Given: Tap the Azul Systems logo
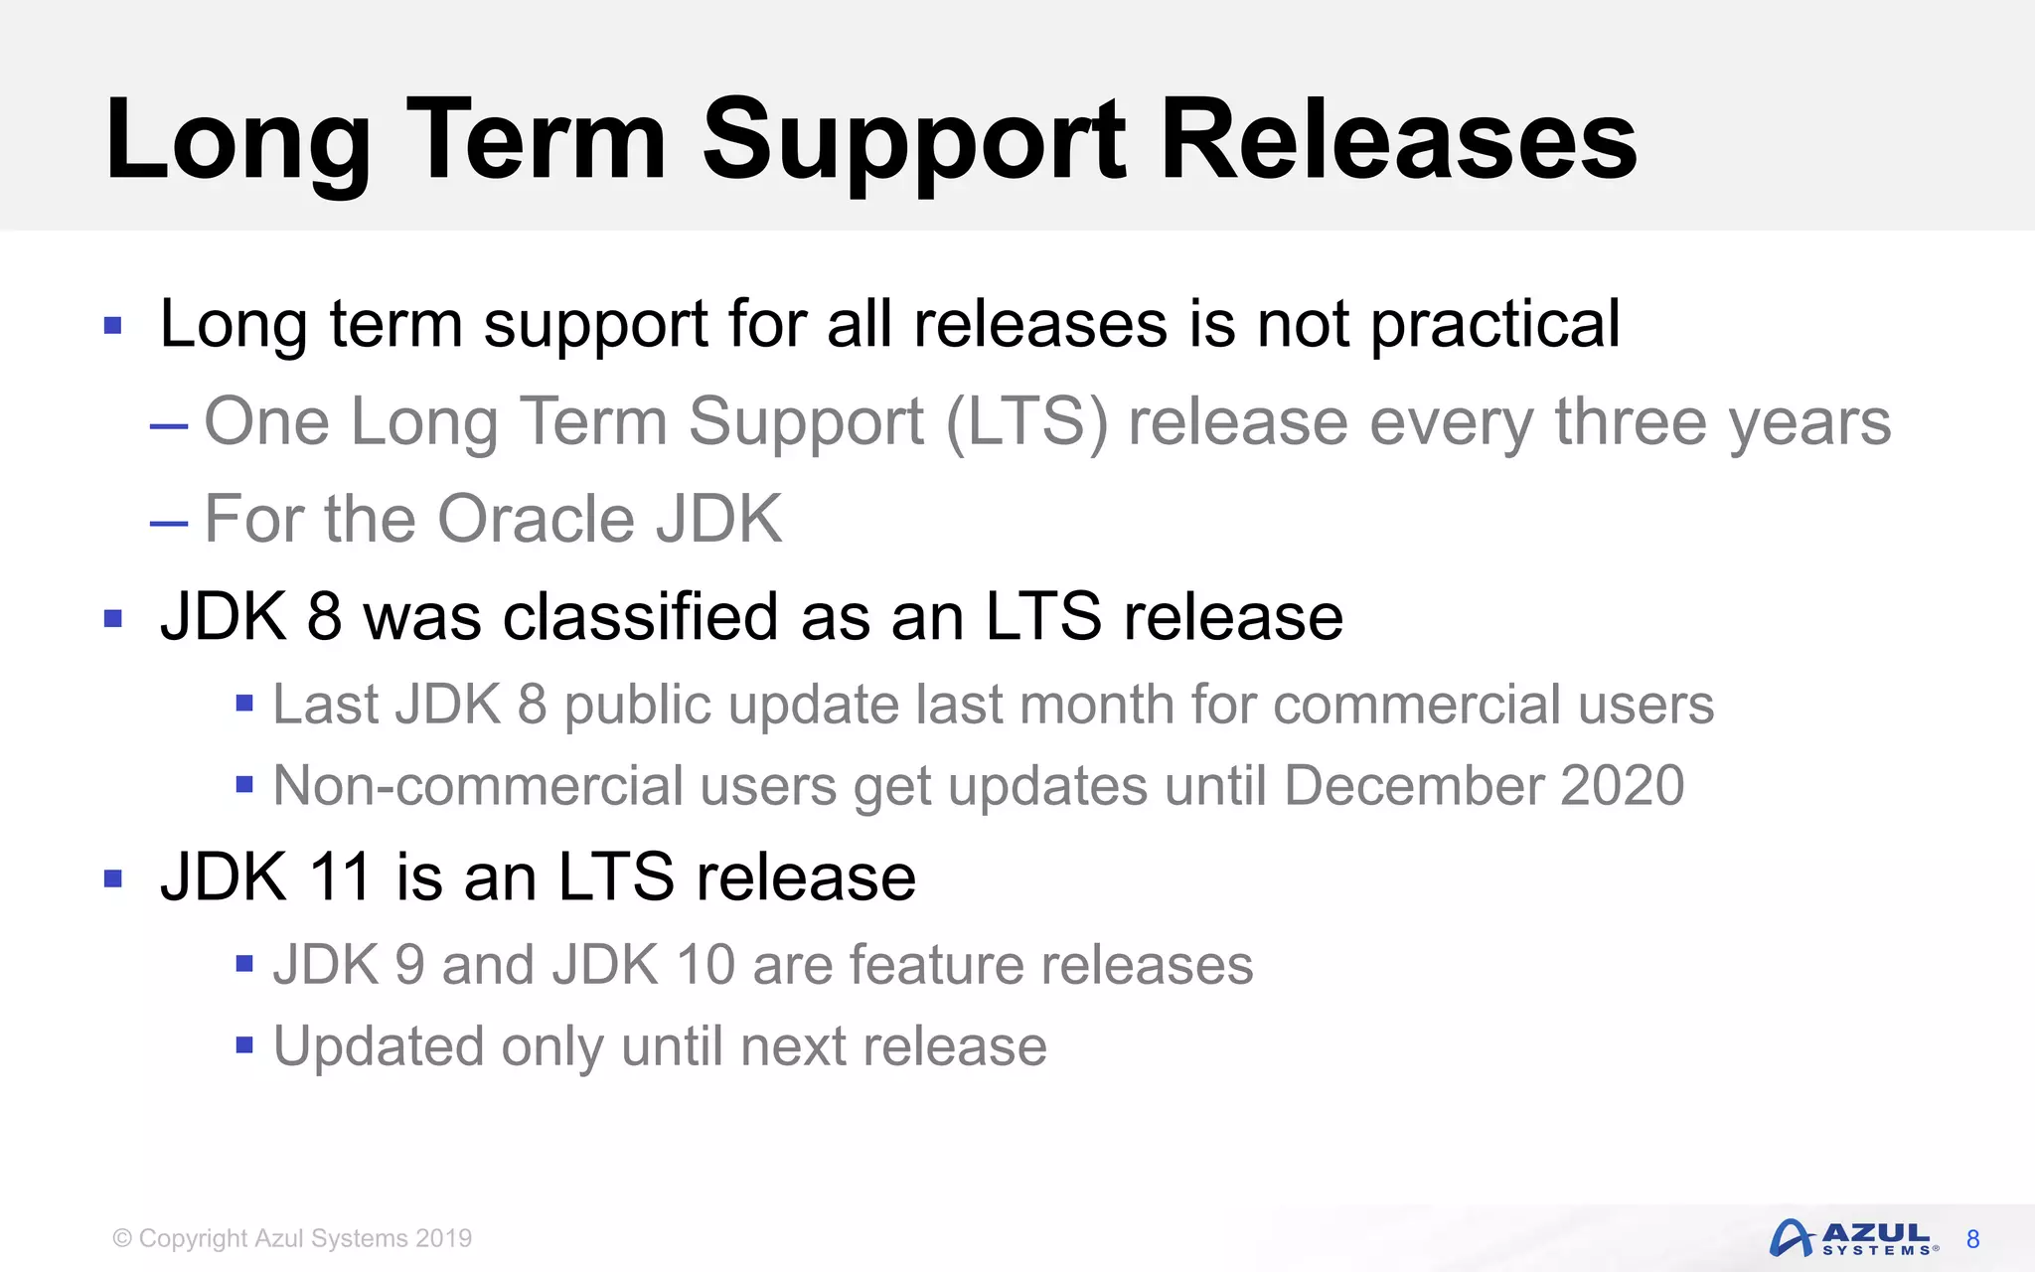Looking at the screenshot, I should click(x=1852, y=1238).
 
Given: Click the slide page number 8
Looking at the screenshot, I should click(x=1972, y=1239).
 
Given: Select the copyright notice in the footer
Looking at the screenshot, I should click(x=292, y=1238).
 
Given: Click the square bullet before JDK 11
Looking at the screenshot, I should click(x=113, y=878).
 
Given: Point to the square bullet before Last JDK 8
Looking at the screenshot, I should click(x=244, y=705).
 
